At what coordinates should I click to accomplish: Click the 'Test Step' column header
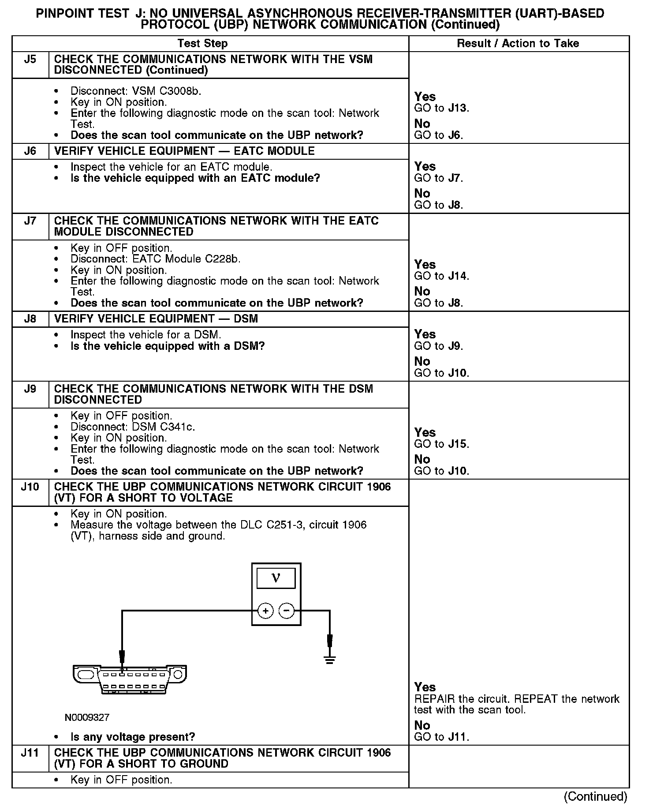(x=202, y=43)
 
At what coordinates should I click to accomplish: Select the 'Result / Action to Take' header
(x=518, y=43)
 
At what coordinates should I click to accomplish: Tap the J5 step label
(x=30, y=59)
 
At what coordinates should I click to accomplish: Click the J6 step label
(x=30, y=151)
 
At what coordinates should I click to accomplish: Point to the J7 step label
(x=30, y=221)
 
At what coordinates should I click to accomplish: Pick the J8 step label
(x=30, y=319)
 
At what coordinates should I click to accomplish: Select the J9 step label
(x=30, y=389)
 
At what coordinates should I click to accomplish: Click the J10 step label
(x=30, y=487)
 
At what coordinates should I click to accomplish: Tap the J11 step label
(x=30, y=753)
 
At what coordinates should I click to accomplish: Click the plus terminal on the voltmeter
(x=265, y=611)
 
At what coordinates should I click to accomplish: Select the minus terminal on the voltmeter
(x=287, y=611)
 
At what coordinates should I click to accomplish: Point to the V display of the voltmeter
(x=276, y=577)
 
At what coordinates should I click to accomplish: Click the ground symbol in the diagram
(x=329, y=660)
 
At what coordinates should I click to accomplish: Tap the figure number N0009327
(x=87, y=718)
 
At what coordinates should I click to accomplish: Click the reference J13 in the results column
(x=457, y=108)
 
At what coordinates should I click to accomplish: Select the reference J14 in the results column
(x=457, y=276)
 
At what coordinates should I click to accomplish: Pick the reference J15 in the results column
(x=457, y=444)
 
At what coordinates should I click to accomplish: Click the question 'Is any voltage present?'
(x=132, y=737)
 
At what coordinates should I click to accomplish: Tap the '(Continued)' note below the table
(x=595, y=796)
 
